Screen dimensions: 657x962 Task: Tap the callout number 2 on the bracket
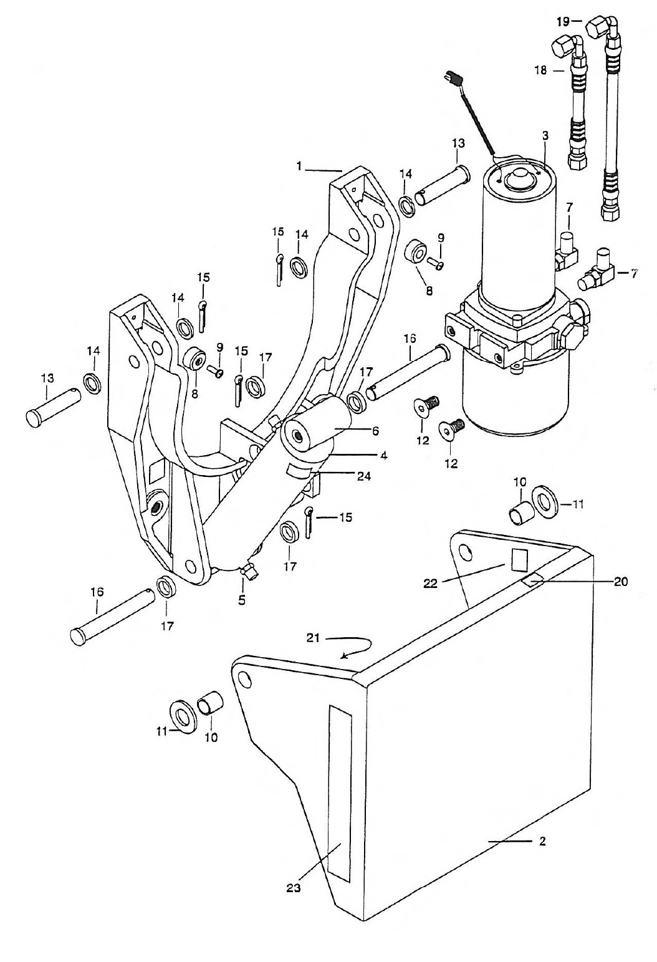click(x=542, y=842)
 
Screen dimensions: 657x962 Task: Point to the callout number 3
click(x=545, y=136)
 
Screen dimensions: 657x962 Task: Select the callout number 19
click(x=563, y=21)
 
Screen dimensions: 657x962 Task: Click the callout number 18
click(x=542, y=70)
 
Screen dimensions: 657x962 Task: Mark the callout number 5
click(x=242, y=600)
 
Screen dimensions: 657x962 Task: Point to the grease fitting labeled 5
click(x=249, y=571)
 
